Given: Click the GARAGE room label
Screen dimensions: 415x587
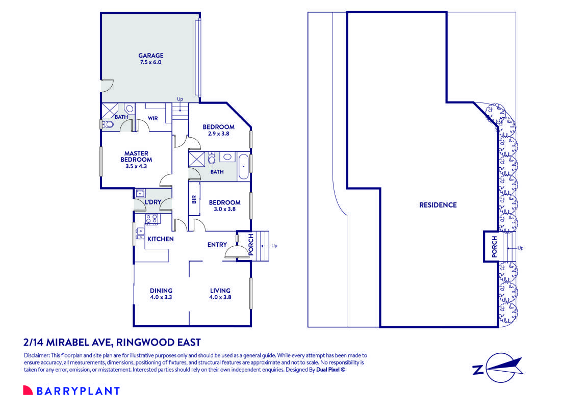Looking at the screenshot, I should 150,56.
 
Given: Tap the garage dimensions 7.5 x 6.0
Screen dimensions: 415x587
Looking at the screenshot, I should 150,63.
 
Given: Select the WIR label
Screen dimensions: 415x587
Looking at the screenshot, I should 152,118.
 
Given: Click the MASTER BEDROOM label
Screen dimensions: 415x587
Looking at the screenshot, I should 136,156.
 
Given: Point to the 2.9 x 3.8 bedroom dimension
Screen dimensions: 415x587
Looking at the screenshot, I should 218,134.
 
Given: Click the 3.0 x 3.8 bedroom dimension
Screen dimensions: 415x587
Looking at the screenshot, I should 224,210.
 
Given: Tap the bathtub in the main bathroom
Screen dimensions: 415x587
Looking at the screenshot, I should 243,166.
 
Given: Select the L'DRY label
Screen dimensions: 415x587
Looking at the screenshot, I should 153,202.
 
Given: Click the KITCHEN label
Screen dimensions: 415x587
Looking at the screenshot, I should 161,239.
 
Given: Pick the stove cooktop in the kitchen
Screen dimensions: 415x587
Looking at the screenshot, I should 151,220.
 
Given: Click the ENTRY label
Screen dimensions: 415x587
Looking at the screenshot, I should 217,245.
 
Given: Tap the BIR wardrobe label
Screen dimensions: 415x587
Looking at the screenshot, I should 194,199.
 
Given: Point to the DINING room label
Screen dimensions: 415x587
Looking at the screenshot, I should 161,291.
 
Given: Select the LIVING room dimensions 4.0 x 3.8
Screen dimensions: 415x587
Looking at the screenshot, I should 220,297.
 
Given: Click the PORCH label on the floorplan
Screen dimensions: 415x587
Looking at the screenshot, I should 251,245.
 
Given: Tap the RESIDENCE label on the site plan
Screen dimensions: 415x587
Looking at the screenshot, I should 438,205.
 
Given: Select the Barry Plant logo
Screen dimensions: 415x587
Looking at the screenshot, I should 71,391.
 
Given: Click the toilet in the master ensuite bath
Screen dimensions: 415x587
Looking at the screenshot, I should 107,124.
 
